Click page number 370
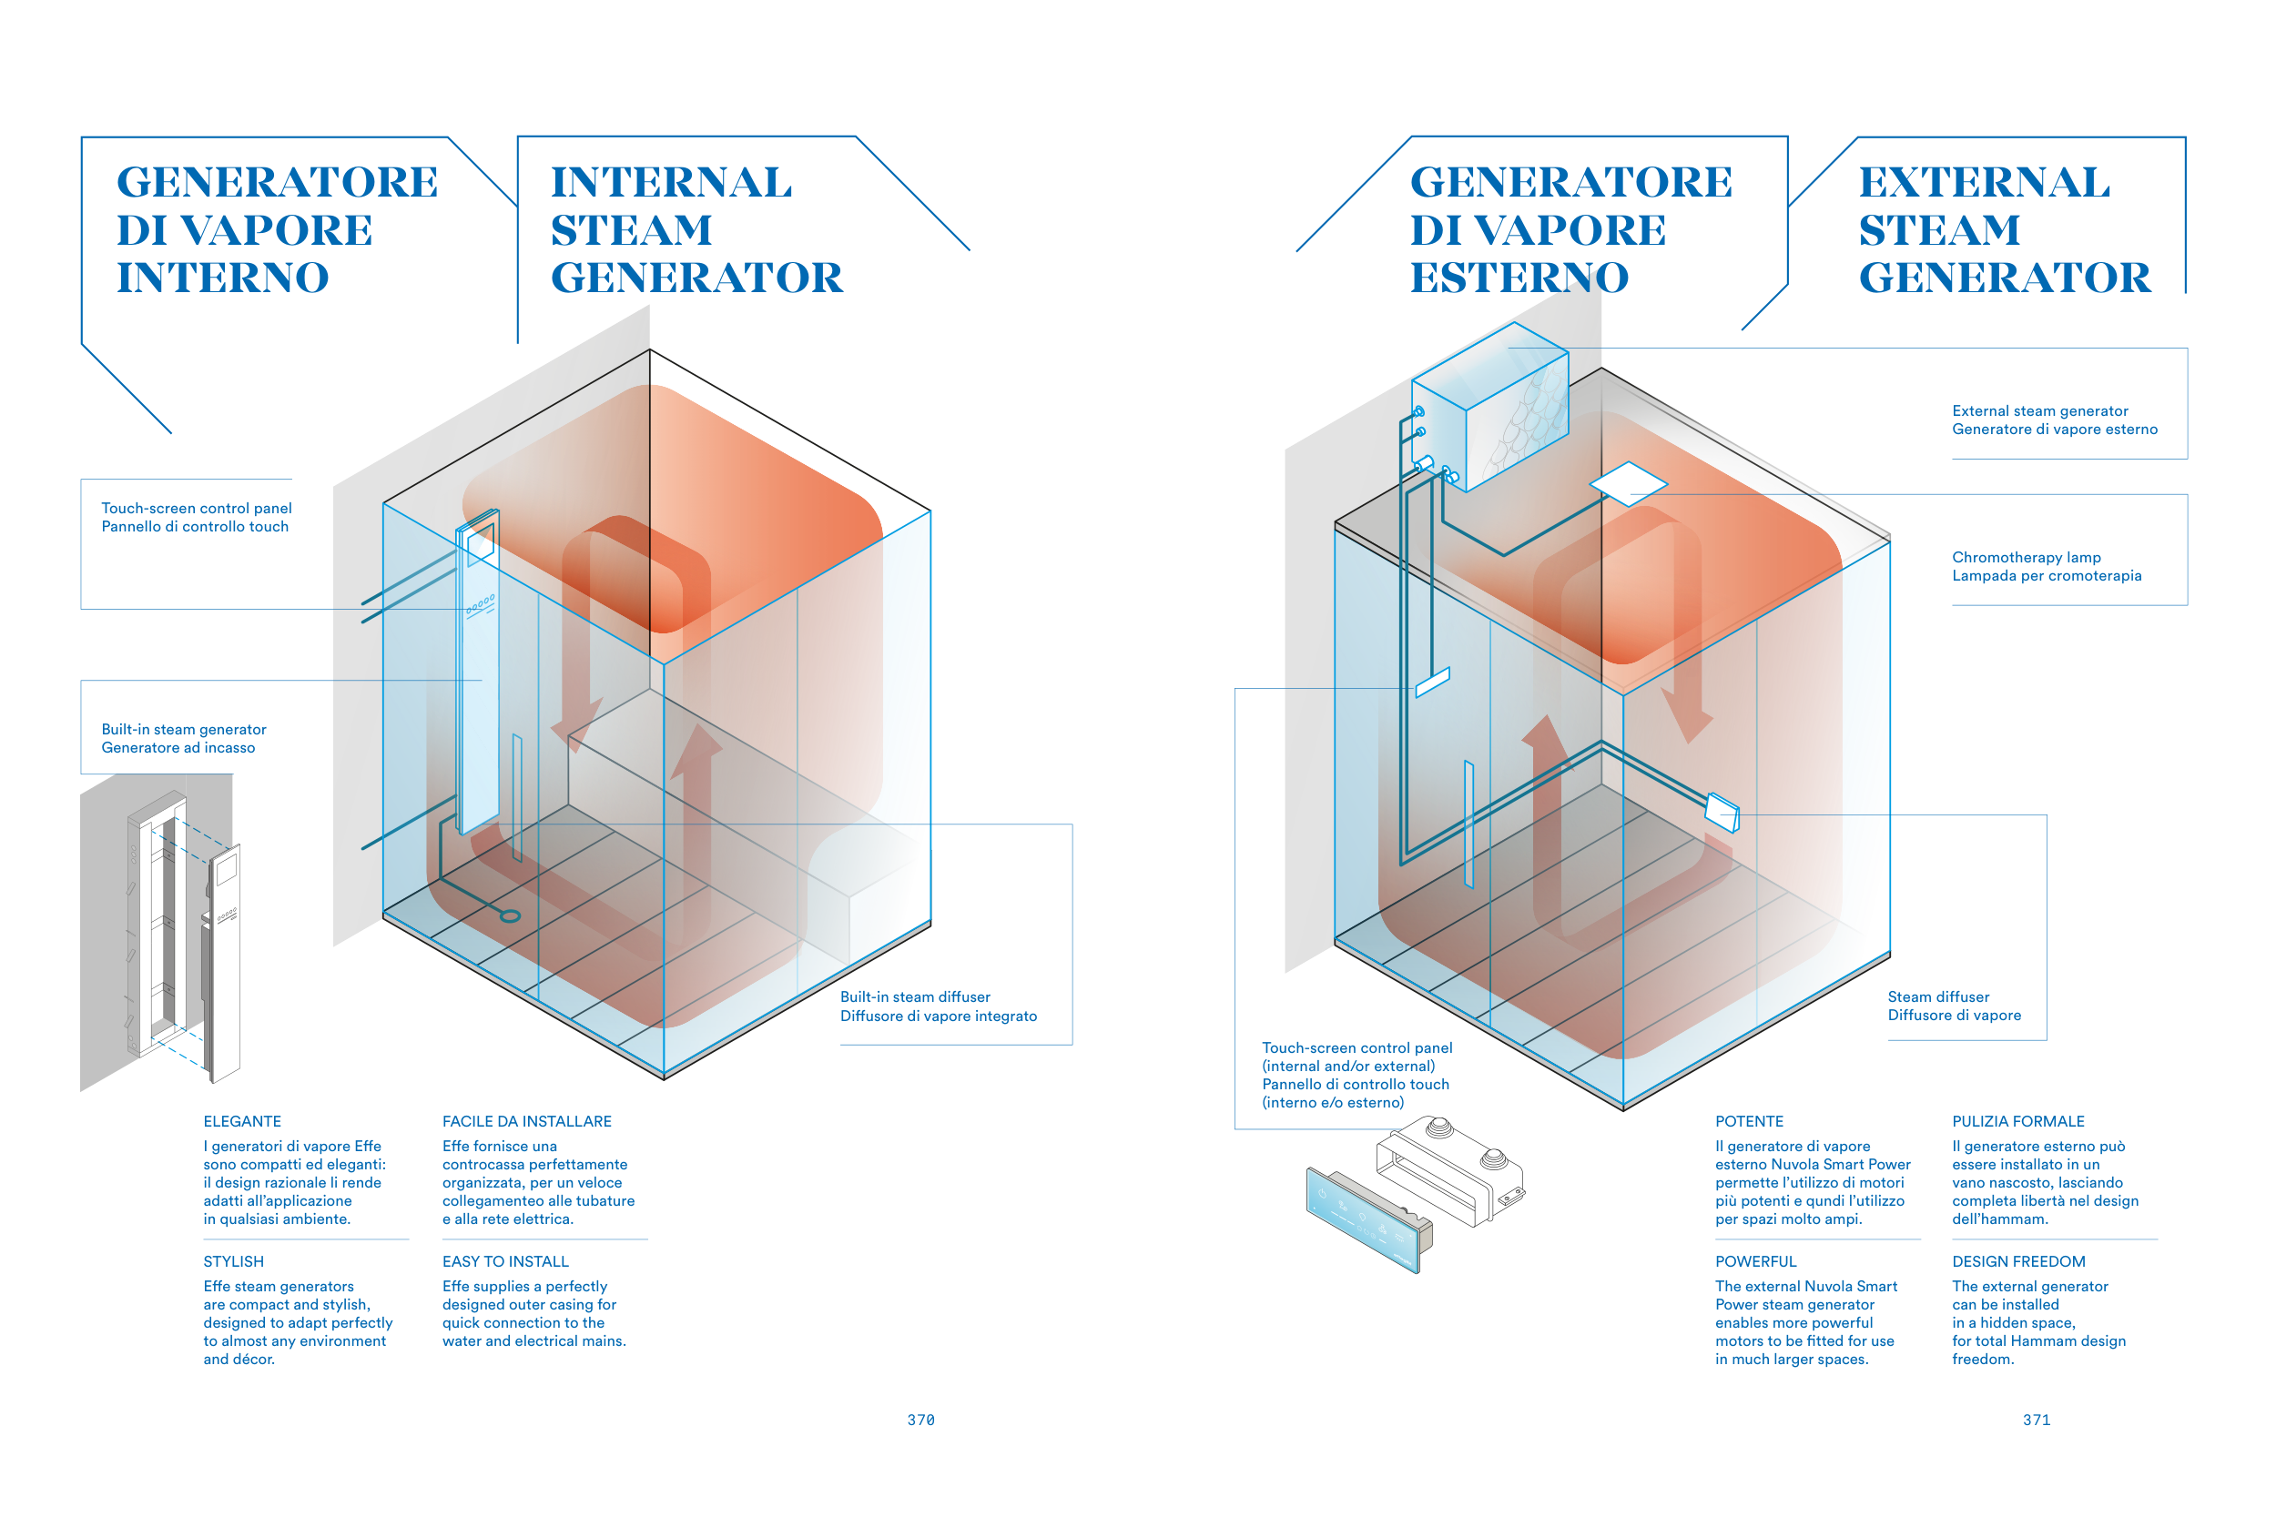(920, 1420)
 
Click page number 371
(2036, 1420)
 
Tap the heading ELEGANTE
(242, 1121)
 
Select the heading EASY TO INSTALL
(505, 1261)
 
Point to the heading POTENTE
(1749, 1121)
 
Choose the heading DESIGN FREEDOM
(2018, 1261)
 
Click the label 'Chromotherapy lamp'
(2027, 557)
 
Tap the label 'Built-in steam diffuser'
(914, 996)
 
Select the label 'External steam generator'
(2040, 411)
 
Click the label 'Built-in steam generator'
(184, 730)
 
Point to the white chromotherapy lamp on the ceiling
(1628, 481)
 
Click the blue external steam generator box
(1490, 407)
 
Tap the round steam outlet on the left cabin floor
(510, 915)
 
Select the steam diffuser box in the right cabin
(1722, 812)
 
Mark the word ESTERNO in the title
(1519, 278)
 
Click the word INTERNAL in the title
(672, 183)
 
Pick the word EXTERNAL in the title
(1984, 183)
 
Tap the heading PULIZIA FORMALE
(2017, 1121)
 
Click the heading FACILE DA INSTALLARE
(526, 1121)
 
